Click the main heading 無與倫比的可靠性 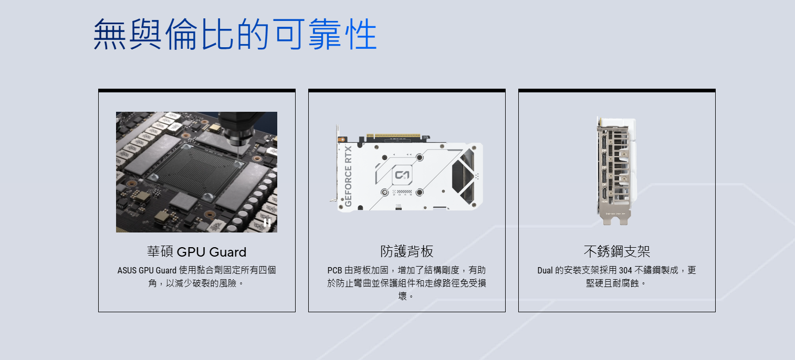pyautogui.click(x=235, y=35)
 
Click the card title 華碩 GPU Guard pyautogui.click(x=196, y=252)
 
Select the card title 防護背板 pyautogui.click(x=407, y=251)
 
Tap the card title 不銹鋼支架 pyautogui.click(x=617, y=251)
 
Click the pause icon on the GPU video pyautogui.click(x=267, y=223)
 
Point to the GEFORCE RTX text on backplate pyautogui.click(x=348, y=176)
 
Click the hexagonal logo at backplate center pyautogui.click(x=402, y=175)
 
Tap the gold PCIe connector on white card pyautogui.click(x=393, y=136)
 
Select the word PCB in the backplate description pyautogui.click(x=334, y=271)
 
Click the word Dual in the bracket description pyautogui.click(x=545, y=271)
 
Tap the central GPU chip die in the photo pyautogui.click(x=197, y=172)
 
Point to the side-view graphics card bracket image pyautogui.click(x=616, y=171)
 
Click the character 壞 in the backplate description pyautogui.click(x=402, y=296)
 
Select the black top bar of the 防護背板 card pyautogui.click(x=407, y=90)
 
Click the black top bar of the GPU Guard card pyautogui.click(x=196, y=90)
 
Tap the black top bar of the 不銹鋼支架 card pyautogui.click(x=617, y=90)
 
